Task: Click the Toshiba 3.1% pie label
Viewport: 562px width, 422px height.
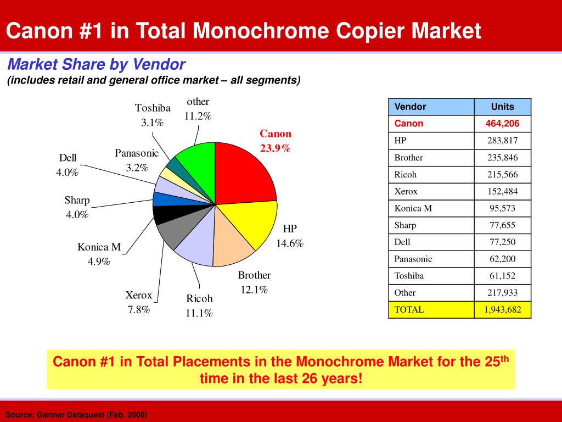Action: pos(153,115)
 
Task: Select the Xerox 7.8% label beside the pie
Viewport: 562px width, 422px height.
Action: pos(138,302)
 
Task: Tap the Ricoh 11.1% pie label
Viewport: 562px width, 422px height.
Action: pos(199,306)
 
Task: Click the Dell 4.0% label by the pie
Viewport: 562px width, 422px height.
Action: pos(68,165)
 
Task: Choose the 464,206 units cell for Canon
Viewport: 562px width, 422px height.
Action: pos(502,124)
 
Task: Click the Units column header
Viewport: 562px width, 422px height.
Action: pos(502,107)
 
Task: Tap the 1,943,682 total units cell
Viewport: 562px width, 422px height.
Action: pos(502,309)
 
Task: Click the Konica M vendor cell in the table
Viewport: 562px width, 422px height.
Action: pos(413,208)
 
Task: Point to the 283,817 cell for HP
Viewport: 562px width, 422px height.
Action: pos(502,141)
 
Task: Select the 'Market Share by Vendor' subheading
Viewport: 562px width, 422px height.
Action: pos(96,65)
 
